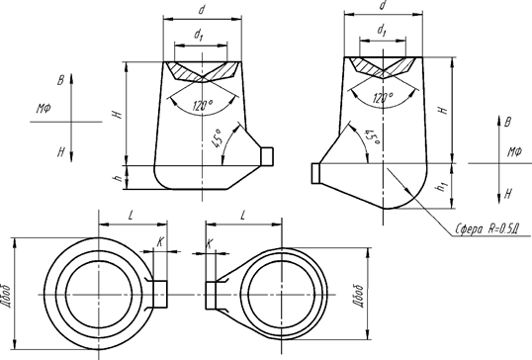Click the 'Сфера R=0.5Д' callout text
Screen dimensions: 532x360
pos(488,229)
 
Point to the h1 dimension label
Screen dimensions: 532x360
pos(443,186)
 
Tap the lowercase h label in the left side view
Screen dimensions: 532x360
pos(119,177)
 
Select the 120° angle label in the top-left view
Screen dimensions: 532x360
pos(203,106)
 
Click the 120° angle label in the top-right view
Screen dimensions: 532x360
pos(383,98)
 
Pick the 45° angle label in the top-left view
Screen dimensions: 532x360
pos(216,138)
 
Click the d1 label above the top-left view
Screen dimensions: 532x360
pos(199,35)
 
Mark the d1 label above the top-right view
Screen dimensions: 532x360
pos(382,31)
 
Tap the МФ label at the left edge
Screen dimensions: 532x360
pos(44,109)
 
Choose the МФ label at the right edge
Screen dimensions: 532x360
pos(514,152)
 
